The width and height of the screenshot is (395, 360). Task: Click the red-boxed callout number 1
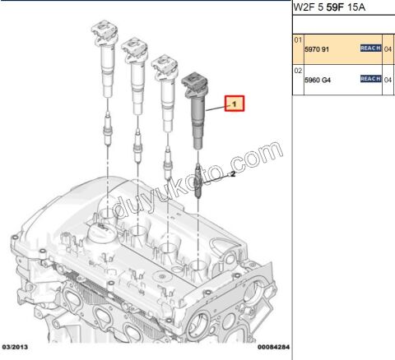(235, 104)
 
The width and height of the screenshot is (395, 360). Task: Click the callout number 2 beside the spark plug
(233, 173)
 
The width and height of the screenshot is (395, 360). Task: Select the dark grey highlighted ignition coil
(195, 111)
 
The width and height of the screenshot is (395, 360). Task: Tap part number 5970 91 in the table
(317, 49)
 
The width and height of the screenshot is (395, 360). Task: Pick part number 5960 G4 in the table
(318, 81)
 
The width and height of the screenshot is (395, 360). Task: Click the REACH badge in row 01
(371, 48)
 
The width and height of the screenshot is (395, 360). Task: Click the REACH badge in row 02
(371, 79)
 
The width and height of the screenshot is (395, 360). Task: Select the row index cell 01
(298, 40)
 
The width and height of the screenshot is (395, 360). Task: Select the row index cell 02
(298, 71)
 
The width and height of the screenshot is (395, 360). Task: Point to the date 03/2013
(15, 347)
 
